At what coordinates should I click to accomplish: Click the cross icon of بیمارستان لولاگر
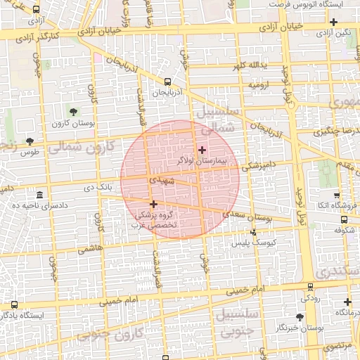pyautogui.click(x=202, y=149)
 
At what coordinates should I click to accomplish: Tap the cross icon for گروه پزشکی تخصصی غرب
pyautogui.click(x=153, y=204)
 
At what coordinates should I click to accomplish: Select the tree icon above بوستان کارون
pyautogui.click(x=74, y=112)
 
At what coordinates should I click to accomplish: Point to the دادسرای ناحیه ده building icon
pyautogui.click(x=39, y=194)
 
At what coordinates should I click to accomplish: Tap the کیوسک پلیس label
pyautogui.click(x=250, y=243)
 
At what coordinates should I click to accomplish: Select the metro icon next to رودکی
pyautogui.click(x=310, y=286)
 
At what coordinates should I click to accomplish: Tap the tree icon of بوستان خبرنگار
pyautogui.click(x=300, y=317)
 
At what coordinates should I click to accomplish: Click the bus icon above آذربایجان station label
pyautogui.click(x=167, y=82)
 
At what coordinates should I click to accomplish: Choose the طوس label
pyautogui.click(x=29, y=152)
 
